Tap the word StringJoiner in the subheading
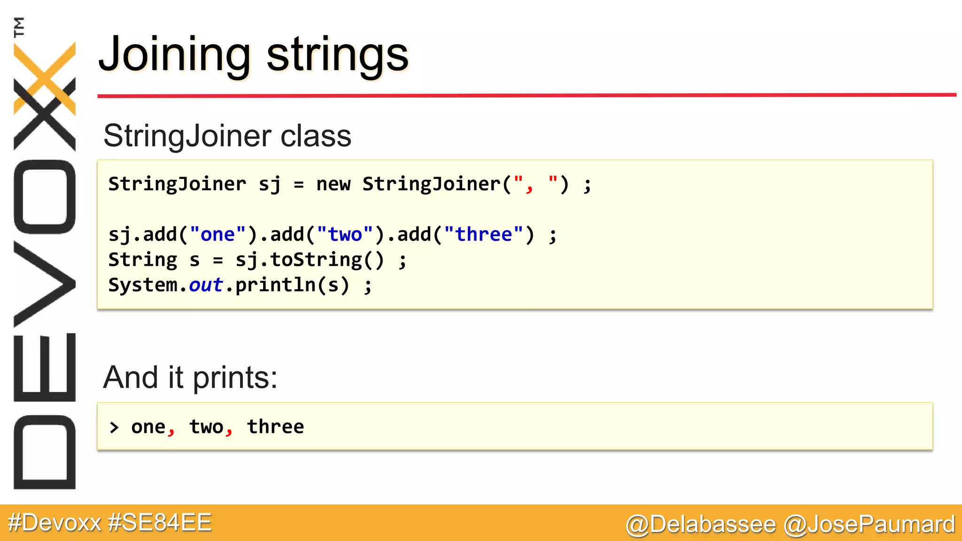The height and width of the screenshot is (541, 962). pos(187,136)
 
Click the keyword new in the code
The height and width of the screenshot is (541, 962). pos(333,184)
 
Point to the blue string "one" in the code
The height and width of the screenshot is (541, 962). pos(217,234)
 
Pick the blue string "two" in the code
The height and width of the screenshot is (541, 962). pos(345,234)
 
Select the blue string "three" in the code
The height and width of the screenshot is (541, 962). pos(483,234)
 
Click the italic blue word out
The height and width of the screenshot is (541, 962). pos(206,285)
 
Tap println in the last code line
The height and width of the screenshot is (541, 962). pos(275,285)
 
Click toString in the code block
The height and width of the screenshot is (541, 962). pos(316,260)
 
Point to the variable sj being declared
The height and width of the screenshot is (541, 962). pos(270,184)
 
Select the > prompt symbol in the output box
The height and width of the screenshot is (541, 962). pos(114,427)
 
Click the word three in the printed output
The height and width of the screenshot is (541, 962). pos(275,427)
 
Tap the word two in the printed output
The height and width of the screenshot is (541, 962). pos(206,427)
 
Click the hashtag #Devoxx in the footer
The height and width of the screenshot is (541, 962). pos(55,523)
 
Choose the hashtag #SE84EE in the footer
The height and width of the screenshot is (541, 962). pos(160,523)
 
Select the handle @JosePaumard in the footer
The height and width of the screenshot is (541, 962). pos(869,524)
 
